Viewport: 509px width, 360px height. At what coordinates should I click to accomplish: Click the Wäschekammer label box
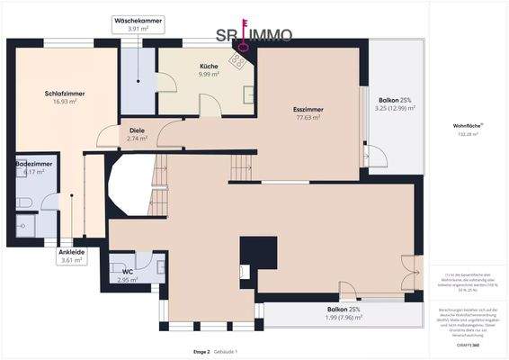[x=138, y=24]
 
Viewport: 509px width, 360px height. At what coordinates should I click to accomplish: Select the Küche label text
[x=208, y=66]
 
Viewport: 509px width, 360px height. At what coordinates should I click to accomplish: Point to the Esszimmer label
[x=308, y=109]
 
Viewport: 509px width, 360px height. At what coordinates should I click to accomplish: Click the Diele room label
[x=138, y=130]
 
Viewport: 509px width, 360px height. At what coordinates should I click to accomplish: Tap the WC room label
[x=127, y=271]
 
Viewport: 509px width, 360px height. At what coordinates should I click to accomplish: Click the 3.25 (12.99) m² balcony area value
[x=394, y=108]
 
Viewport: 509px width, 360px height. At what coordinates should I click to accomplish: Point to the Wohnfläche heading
[x=469, y=126]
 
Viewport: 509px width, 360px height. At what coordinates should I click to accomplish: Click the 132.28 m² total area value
[x=469, y=134]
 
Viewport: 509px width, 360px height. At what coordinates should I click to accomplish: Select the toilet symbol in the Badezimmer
[x=23, y=202]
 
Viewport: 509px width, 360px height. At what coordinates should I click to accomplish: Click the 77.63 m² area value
[x=308, y=117]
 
